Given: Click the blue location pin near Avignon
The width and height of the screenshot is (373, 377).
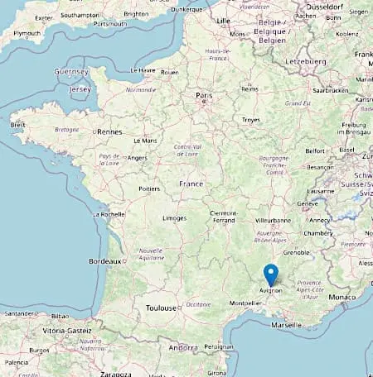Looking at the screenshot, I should click(x=270, y=274).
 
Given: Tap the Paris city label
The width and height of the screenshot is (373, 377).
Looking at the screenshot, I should click(x=204, y=96).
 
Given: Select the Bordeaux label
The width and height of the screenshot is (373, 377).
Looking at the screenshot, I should click(x=104, y=261).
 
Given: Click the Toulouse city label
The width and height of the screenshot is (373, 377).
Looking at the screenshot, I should click(x=161, y=308).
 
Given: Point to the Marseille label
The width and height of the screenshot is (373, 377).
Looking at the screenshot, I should click(x=285, y=325).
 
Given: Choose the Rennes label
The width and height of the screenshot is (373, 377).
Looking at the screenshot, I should click(x=109, y=131).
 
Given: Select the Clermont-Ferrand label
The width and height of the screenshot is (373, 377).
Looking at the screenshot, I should click(x=224, y=216).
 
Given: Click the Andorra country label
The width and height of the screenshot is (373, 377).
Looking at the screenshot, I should click(x=182, y=348).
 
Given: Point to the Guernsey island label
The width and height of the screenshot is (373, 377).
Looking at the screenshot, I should click(x=72, y=72).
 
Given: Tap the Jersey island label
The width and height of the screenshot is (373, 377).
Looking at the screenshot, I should click(x=80, y=88).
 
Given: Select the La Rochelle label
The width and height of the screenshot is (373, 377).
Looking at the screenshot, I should click(x=109, y=214).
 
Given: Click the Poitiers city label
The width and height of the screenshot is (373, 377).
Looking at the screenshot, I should click(x=148, y=188).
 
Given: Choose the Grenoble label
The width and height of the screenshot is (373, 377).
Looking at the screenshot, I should click(x=295, y=251).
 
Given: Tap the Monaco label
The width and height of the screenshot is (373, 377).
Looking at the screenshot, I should click(x=343, y=296).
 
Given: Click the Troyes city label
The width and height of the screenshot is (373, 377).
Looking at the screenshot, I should click(x=250, y=120).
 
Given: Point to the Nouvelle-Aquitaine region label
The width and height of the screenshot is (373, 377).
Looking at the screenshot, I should click(x=151, y=253).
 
